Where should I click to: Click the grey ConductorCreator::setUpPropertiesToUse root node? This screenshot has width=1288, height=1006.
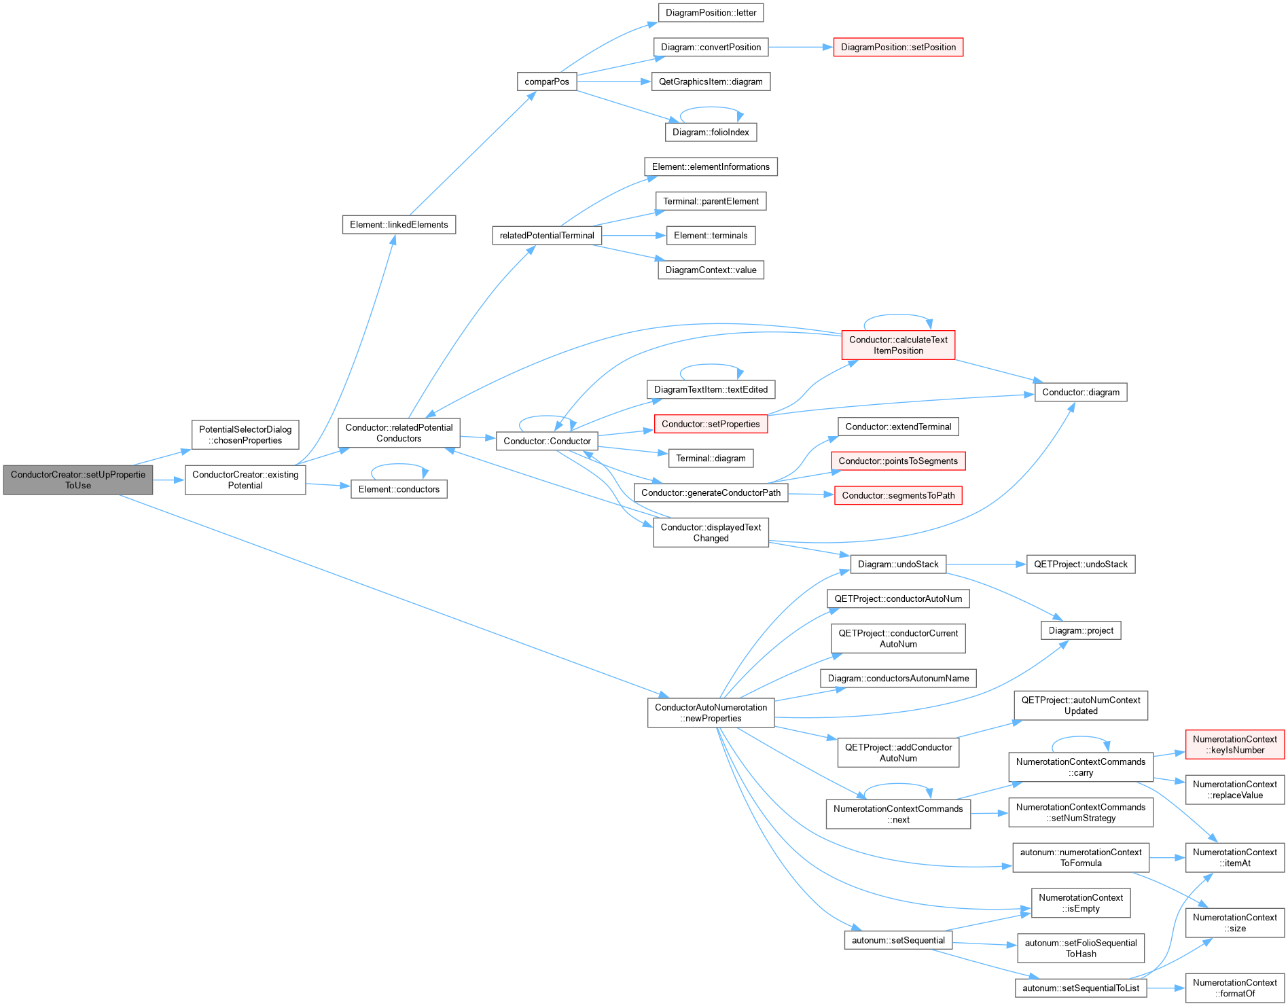point(78,480)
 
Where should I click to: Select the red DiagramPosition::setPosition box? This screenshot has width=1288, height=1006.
point(898,47)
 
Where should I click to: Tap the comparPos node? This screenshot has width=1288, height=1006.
point(547,82)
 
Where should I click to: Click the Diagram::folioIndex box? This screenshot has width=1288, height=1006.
point(711,132)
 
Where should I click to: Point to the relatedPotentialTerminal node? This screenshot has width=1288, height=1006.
point(547,235)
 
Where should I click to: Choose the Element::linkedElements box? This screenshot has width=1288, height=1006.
point(399,224)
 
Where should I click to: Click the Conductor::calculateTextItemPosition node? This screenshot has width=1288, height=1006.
point(898,345)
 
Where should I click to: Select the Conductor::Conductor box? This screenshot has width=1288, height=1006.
point(547,441)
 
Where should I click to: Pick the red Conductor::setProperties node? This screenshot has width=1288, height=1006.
point(711,424)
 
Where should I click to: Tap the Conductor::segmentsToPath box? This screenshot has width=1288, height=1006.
point(898,495)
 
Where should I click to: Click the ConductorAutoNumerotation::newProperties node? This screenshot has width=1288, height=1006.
point(711,713)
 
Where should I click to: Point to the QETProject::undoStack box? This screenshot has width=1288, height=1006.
point(1081,564)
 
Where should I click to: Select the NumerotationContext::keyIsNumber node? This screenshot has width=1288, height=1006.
point(1235,744)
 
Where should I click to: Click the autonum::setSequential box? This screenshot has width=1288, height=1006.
point(898,940)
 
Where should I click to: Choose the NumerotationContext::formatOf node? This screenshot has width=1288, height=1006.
point(1235,988)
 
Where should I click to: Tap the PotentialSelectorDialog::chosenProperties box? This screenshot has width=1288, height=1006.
point(245,435)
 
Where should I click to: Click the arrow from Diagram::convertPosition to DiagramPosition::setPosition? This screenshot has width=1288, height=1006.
point(801,47)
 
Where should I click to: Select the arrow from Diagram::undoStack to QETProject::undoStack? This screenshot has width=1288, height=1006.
point(986,564)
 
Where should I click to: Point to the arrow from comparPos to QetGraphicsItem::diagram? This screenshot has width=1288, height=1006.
point(614,82)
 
